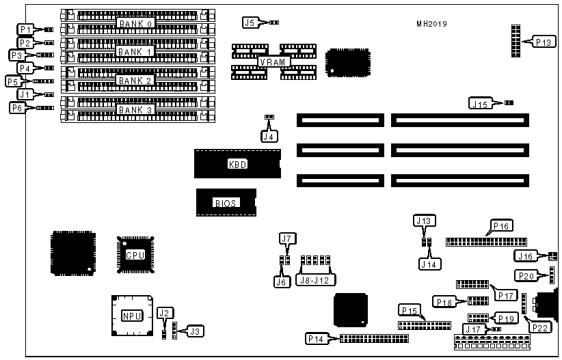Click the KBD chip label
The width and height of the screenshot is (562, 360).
pyautogui.click(x=237, y=165)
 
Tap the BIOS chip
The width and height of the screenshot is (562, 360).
pyautogui.click(x=226, y=203)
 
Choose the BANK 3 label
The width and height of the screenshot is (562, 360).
pyautogui.click(x=135, y=109)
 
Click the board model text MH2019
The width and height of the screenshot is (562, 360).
pyautogui.click(x=432, y=24)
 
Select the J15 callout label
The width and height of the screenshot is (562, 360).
pyautogui.click(x=479, y=103)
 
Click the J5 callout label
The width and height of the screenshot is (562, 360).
pyautogui.click(x=250, y=23)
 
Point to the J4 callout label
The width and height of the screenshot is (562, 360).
pyautogui.click(x=269, y=135)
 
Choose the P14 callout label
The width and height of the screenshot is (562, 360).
pyautogui.click(x=317, y=338)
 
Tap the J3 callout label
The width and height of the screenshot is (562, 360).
pyautogui.click(x=195, y=331)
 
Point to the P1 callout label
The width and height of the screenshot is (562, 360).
pyautogui.click(x=25, y=29)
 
